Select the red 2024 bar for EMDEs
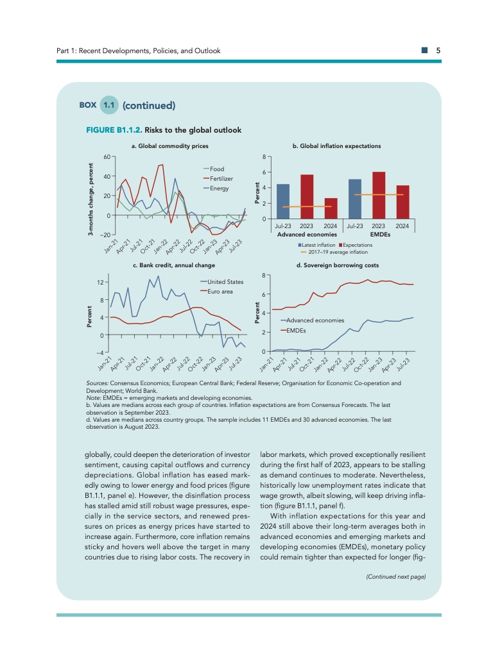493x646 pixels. tap(402, 202)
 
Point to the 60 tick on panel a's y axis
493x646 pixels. tap(107, 156)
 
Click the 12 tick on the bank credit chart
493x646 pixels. tap(101, 283)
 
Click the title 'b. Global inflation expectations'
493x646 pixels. tap(336, 146)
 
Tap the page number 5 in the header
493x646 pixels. tap(437, 51)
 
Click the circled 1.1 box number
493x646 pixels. tap(109, 104)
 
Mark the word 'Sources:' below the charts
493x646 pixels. tap(96, 383)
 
